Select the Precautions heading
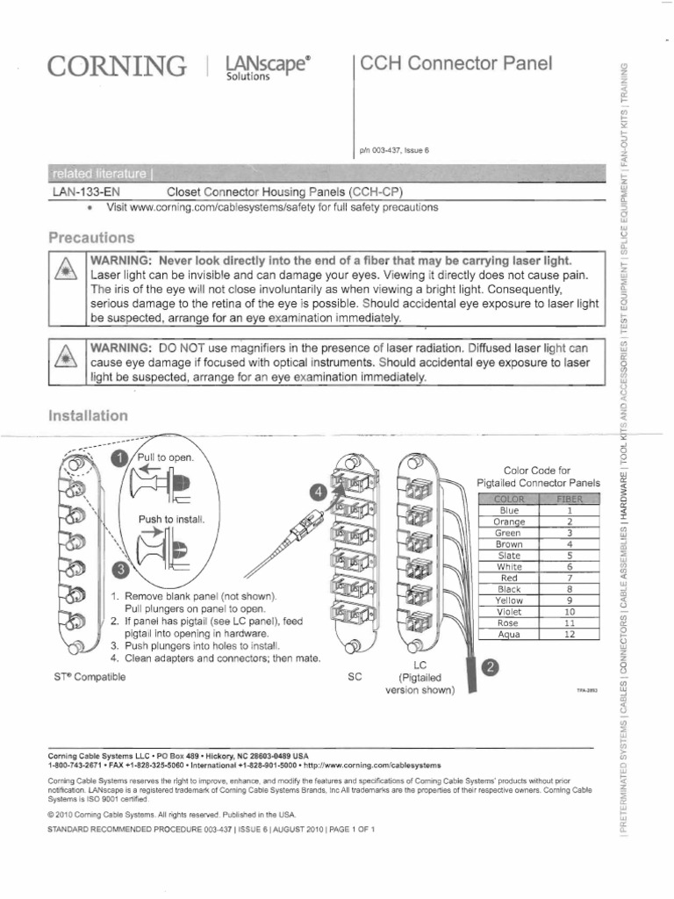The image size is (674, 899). (x=91, y=238)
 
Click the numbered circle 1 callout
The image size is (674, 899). (x=117, y=458)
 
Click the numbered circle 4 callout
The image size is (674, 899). (x=318, y=491)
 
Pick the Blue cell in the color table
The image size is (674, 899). (x=509, y=510)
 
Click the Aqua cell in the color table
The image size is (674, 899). (x=509, y=635)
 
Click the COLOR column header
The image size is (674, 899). (x=509, y=499)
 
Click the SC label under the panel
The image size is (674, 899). (x=355, y=677)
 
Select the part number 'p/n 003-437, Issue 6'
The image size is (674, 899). (x=394, y=150)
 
